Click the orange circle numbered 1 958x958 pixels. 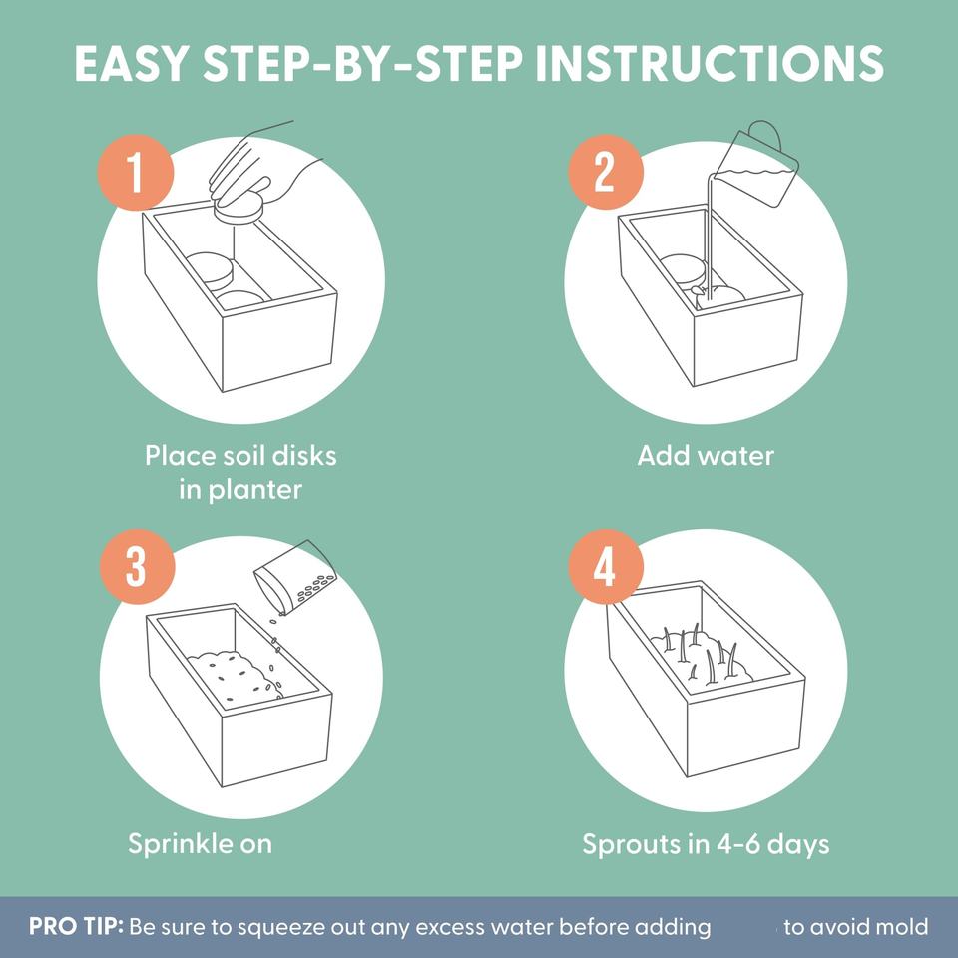pyautogui.click(x=136, y=173)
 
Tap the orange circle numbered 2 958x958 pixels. pyautogui.click(x=606, y=173)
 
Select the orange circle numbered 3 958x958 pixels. pyautogui.click(x=137, y=567)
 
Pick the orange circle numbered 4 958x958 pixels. pyautogui.click(x=606, y=567)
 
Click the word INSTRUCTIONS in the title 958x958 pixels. pyautogui.click(x=710, y=63)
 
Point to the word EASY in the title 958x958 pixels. pyautogui.click(x=130, y=63)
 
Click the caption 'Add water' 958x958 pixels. pyautogui.click(x=706, y=456)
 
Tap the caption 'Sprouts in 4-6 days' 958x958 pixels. pyautogui.click(x=706, y=844)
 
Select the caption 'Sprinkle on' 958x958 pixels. pyautogui.click(x=200, y=844)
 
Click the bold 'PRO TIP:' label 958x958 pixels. pyautogui.click(x=77, y=926)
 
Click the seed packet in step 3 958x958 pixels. pyautogui.click(x=294, y=578)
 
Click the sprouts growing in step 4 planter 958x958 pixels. pyautogui.click(x=702, y=653)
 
